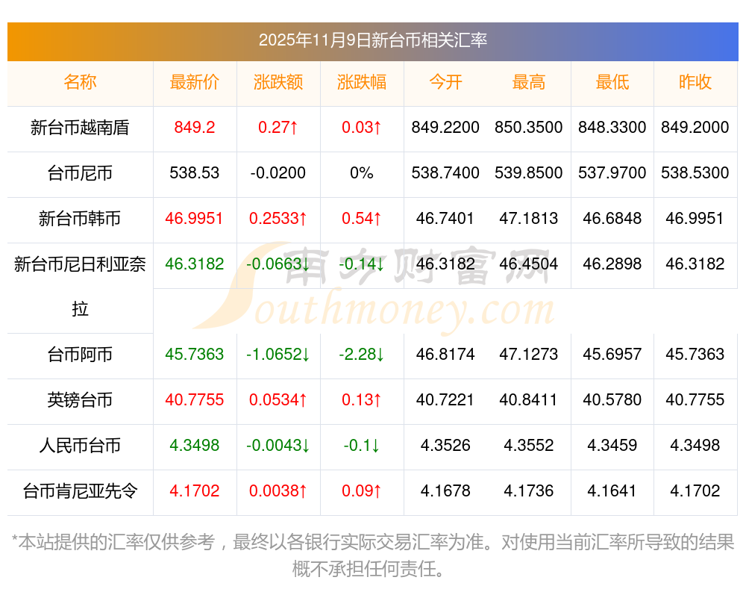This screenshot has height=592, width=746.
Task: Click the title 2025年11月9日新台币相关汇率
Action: click(x=372, y=40)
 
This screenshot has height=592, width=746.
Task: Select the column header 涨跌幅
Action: click(x=362, y=82)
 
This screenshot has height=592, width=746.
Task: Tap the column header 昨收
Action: click(x=695, y=82)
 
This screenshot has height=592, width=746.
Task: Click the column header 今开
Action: click(x=445, y=82)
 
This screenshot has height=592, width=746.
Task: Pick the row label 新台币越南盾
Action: click(x=80, y=128)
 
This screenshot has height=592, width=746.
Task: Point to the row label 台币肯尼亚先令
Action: click(x=80, y=491)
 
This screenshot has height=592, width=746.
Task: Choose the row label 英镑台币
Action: click(x=80, y=400)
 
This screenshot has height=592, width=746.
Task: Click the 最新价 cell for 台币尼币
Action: click(x=194, y=173)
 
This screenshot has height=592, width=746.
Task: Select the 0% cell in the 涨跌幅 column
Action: click(x=362, y=173)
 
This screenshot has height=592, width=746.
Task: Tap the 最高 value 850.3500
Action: click(x=528, y=128)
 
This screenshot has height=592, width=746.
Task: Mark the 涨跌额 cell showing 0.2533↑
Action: click(x=278, y=219)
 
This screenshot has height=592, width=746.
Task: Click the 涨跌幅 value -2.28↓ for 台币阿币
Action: click(x=362, y=355)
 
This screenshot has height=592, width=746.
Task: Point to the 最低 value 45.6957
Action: click(x=612, y=355)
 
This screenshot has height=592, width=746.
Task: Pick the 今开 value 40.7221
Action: click(x=445, y=400)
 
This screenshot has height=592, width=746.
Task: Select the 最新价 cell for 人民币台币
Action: click(x=194, y=446)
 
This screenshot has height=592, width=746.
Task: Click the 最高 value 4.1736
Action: click(x=528, y=491)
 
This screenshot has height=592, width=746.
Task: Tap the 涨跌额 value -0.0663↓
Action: click(x=278, y=264)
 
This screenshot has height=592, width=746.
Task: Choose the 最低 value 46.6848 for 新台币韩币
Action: click(x=612, y=219)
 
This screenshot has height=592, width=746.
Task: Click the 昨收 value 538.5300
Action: click(x=695, y=173)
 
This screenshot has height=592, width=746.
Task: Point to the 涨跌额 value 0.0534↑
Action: click(x=278, y=400)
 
